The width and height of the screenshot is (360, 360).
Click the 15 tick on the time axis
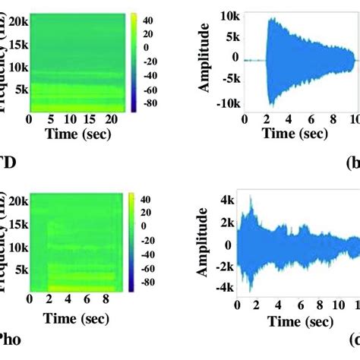point(90,119)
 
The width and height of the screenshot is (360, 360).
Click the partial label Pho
point(10,339)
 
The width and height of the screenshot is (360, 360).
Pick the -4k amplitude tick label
point(227,288)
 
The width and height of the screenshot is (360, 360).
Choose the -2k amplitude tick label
point(227,267)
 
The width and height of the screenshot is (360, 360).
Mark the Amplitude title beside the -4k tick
point(204,245)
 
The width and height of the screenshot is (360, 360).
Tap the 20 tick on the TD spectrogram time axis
point(110,119)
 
